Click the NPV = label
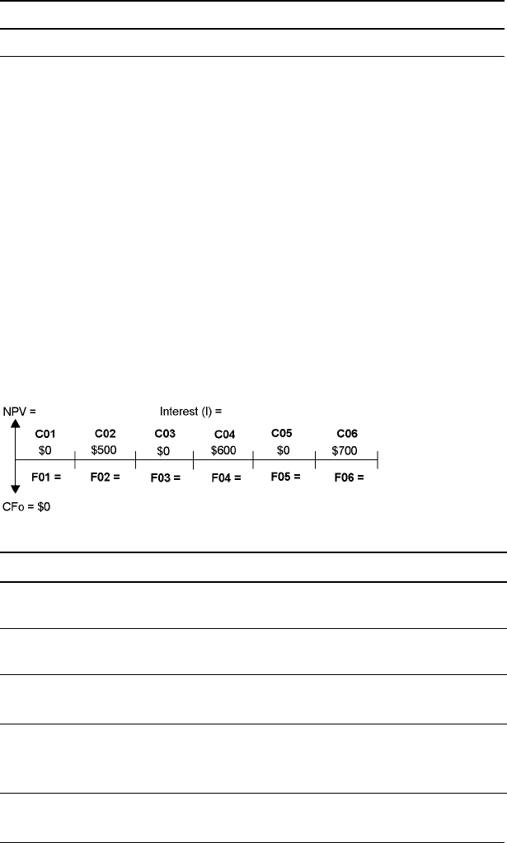click(x=21, y=408)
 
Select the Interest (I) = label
click(x=191, y=408)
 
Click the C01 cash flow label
click(x=45, y=433)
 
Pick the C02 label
click(x=106, y=433)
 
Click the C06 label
click(x=347, y=433)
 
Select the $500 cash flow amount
click(x=106, y=449)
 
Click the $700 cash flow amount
click(x=347, y=450)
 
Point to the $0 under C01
click(x=45, y=449)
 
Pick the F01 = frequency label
click(x=46, y=476)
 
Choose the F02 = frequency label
click(x=105, y=476)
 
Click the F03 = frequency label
click(x=165, y=477)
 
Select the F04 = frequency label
click(x=225, y=477)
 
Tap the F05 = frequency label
click(x=285, y=476)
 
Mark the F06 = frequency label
click(x=349, y=477)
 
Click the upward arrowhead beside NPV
click(x=16, y=422)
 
